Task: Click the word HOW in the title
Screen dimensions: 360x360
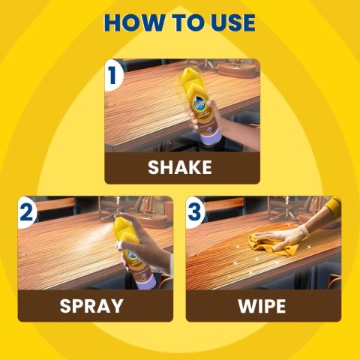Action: pyautogui.click(x=133, y=22)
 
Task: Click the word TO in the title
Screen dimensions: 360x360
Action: pyautogui.click(x=187, y=22)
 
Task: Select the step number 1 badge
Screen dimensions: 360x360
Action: pyautogui.click(x=113, y=75)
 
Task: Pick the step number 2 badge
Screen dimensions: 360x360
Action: pyautogui.click(x=27, y=212)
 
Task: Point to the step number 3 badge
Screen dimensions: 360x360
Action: pyautogui.click(x=195, y=212)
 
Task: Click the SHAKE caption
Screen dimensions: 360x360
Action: pyautogui.click(x=180, y=167)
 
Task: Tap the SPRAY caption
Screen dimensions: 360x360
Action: pyautogui.click(x=91, y=306)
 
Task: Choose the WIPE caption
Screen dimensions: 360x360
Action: pyautogui.click(x=262, y=306)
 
